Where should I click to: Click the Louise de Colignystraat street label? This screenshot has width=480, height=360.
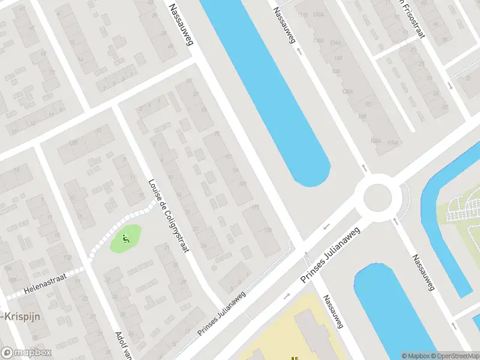(170, 215)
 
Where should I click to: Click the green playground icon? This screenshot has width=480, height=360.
(125, 239)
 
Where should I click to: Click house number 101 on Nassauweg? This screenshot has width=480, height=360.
(242, 183)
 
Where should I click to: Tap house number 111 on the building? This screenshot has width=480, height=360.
(256, 207)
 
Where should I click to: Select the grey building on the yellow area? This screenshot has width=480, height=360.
(318, 336)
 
